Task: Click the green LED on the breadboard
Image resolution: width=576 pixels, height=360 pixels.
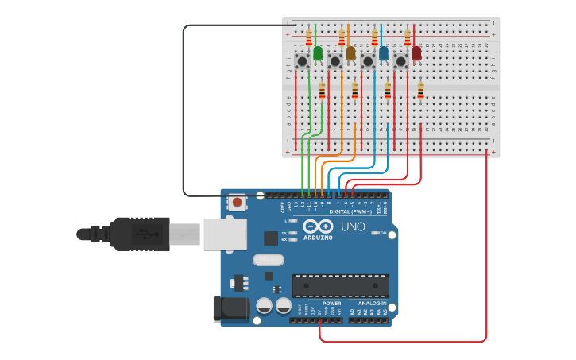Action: (318, 53)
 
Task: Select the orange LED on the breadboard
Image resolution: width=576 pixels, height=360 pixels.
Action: (350, 53)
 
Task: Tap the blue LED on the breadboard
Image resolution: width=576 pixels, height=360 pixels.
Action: (384, 53)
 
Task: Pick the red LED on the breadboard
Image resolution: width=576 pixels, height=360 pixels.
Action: (416, 53)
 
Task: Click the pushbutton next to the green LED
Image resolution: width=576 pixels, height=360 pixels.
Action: (302, 61)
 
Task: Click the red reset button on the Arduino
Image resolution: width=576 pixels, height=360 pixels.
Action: (237, 203)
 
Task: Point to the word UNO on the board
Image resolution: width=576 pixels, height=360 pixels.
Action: (353, 227)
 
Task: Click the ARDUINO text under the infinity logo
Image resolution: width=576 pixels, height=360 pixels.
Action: (318, 238)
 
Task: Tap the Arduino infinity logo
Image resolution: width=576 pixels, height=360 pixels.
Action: (318, 226)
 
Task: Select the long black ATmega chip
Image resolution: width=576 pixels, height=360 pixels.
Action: (340, 286)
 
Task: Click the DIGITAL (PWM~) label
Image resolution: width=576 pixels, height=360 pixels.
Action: (347, 212)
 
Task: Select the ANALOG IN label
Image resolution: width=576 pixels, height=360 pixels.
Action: (372, 303)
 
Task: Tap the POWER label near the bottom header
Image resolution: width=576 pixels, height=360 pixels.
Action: (331, 303)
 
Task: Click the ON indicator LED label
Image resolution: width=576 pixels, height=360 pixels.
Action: (382, 233)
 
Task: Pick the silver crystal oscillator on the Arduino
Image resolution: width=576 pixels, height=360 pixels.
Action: (269, 260)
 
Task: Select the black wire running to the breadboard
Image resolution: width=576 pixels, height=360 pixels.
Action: (184, 111)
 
